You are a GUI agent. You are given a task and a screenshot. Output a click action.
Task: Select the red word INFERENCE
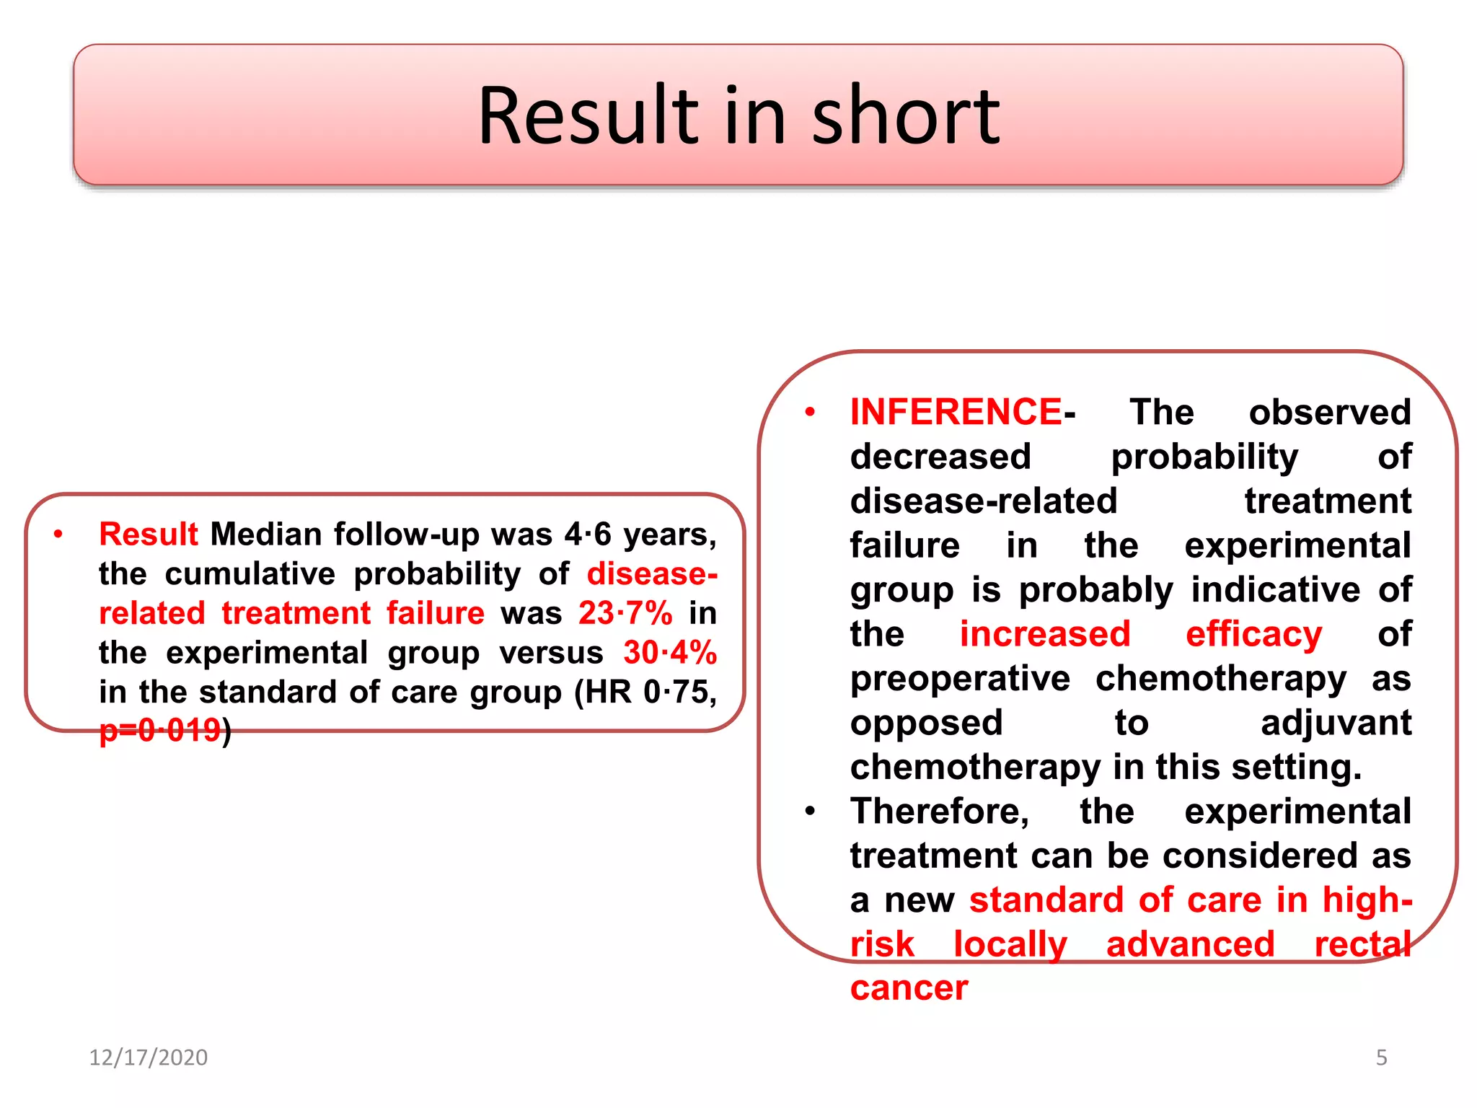click(955, 412)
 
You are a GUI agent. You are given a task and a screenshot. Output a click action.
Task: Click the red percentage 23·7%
click(625, 613)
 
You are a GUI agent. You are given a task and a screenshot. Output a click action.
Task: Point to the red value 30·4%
click(670, 653)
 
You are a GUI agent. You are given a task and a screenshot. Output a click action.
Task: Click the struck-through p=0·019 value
click(160, 731)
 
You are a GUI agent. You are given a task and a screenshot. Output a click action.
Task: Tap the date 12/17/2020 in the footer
click(148, 1058)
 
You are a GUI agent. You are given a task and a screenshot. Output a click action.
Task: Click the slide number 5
click(1381, 1058)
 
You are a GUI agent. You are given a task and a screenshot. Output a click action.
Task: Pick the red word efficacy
click(1253, 634)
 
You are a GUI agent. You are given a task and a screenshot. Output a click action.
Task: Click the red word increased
click(1044, 634)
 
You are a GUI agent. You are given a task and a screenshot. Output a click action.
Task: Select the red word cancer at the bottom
click(909, 988)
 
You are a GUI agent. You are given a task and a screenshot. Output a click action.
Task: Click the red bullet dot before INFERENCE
click(810, 413)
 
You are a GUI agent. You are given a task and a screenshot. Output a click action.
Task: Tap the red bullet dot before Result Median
click(58, 535)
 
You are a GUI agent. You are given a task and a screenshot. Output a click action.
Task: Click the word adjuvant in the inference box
click(1336, 723)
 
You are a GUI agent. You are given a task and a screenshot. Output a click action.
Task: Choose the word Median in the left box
click(265, 535)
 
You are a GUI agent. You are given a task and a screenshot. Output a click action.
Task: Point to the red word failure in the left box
click(435, 613)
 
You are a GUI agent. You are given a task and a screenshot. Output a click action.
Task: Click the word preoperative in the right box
click(960, 679)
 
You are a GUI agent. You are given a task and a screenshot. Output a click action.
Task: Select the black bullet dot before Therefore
click(810, 812)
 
